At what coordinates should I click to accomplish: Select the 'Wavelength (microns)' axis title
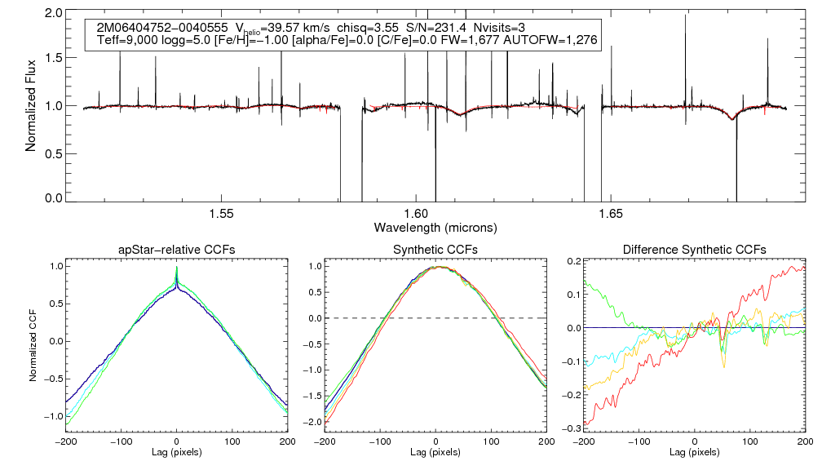coord(435,226)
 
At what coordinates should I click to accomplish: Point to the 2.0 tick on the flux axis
coord(54,14)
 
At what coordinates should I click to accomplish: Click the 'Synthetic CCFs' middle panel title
coord(435,249)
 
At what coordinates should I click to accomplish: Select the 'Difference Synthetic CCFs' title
coord(694,249)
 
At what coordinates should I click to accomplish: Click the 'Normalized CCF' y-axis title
coord(32,340)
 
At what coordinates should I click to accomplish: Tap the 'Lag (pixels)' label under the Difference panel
coord(694,451)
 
